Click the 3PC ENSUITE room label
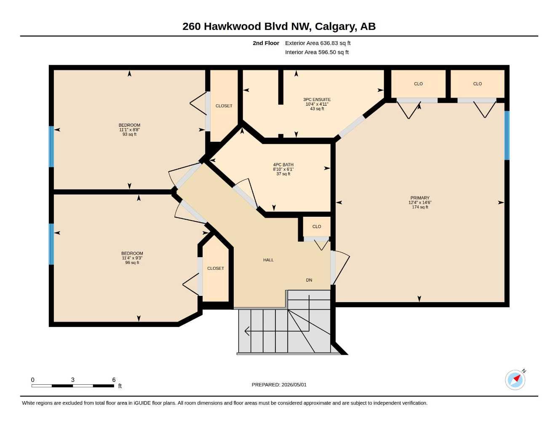tap(317, 99)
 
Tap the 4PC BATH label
tap(283, 165)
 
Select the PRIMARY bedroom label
tap(420, 198)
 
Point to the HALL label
tap(268, 260)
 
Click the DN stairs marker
tap(309, 280)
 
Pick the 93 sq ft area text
tap(129, 134)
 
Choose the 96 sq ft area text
tap(132, 263)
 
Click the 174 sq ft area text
tap(420, 207)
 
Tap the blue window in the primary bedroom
tap(507, 136)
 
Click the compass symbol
tap(515, 380)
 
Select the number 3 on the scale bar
tap(73, 380)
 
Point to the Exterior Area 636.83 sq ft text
tap(318, 43)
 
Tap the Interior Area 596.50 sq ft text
tap(317, 52)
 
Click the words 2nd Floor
tap(266, 43)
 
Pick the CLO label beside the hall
tap(317, 226)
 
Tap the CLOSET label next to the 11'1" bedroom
tap(224, 106)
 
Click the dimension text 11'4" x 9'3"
tap(132, 258)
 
